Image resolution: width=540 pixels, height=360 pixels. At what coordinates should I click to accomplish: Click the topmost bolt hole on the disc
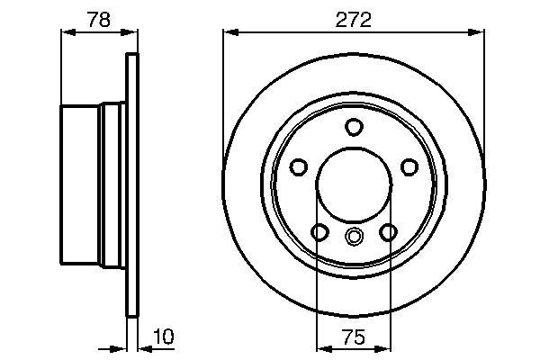tap(354, 127)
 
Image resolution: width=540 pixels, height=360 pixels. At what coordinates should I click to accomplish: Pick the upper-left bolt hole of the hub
tap(299, 167)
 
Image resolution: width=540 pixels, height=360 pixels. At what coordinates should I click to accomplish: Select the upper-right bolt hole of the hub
tap(409, 167)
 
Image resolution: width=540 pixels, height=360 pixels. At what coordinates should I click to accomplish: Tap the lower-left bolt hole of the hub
tap(319, 233)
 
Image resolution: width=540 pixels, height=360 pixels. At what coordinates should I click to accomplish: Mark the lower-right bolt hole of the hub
tap(388, 233)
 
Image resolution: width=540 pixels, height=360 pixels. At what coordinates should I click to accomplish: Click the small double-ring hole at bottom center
tap(354, 237)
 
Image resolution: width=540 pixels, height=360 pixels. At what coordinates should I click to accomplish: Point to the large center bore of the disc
tap(354, 184)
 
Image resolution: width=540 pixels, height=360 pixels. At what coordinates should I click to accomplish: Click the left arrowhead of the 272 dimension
tap(229, 33)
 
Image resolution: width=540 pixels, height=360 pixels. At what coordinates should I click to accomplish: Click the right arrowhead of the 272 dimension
tap(479, 33)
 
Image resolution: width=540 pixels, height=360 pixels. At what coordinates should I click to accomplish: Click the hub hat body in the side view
tap(83, 184)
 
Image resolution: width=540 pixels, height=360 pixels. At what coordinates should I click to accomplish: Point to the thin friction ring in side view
tap(133, 184)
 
